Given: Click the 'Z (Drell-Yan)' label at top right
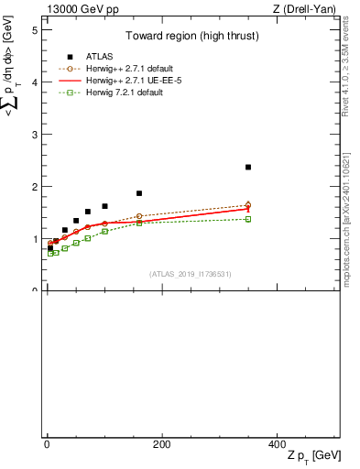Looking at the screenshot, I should pos(303,8).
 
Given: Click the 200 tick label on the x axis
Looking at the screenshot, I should pos(161,445).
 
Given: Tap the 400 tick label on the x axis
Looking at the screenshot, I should pos(277,445).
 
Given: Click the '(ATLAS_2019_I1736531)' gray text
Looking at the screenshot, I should pos(191,274).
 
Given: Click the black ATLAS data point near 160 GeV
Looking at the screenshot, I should pos(139,193).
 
